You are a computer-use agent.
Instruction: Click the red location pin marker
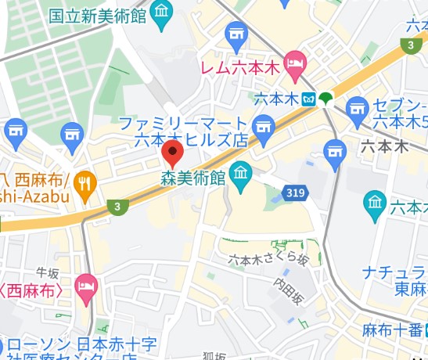click(x=171, y=151)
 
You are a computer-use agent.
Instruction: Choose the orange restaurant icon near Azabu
click(x=85, y=183)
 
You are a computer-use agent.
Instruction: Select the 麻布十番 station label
click(x=392, y=329)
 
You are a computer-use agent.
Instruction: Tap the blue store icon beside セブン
click(x=357, y=109)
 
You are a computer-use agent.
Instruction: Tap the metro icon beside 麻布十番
click(x=426, y=329)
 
